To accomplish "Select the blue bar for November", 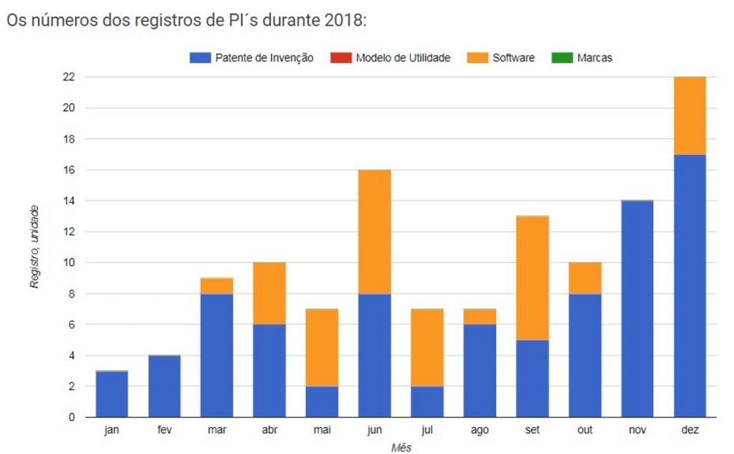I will point(637,309).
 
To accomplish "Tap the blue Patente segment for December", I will point(690,285).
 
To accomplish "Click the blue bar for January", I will point(111,394).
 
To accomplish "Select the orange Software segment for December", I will point(690,115).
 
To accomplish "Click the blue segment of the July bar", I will point(427,401).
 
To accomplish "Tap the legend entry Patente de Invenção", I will point(252,58).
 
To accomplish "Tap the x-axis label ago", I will point(480,430).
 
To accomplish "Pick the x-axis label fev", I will point(164,430).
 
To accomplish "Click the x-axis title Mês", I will point(401,447).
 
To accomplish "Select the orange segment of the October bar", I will point(585,278).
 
